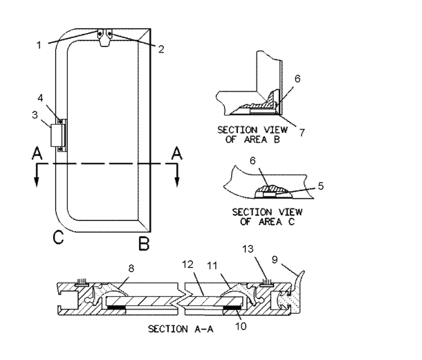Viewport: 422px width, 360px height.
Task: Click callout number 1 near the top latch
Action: [x=39, y=45]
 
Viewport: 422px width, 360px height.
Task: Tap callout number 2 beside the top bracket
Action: [x=161, y=49]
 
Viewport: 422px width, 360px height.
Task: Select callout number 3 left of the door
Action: [x=35, y=115]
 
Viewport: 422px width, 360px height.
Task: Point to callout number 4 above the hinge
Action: [x=40, y=98]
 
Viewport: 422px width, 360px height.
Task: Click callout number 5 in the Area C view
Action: [x=320, y=186]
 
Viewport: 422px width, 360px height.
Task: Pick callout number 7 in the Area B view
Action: [x=302, y=132]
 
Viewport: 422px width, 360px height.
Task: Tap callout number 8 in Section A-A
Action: [x=131, y=268]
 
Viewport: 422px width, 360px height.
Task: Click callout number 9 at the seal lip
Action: [x=275, y=260]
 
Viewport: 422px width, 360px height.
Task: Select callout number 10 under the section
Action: [x=241, y=326]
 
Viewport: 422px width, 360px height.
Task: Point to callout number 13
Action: [x=248, y=249]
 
